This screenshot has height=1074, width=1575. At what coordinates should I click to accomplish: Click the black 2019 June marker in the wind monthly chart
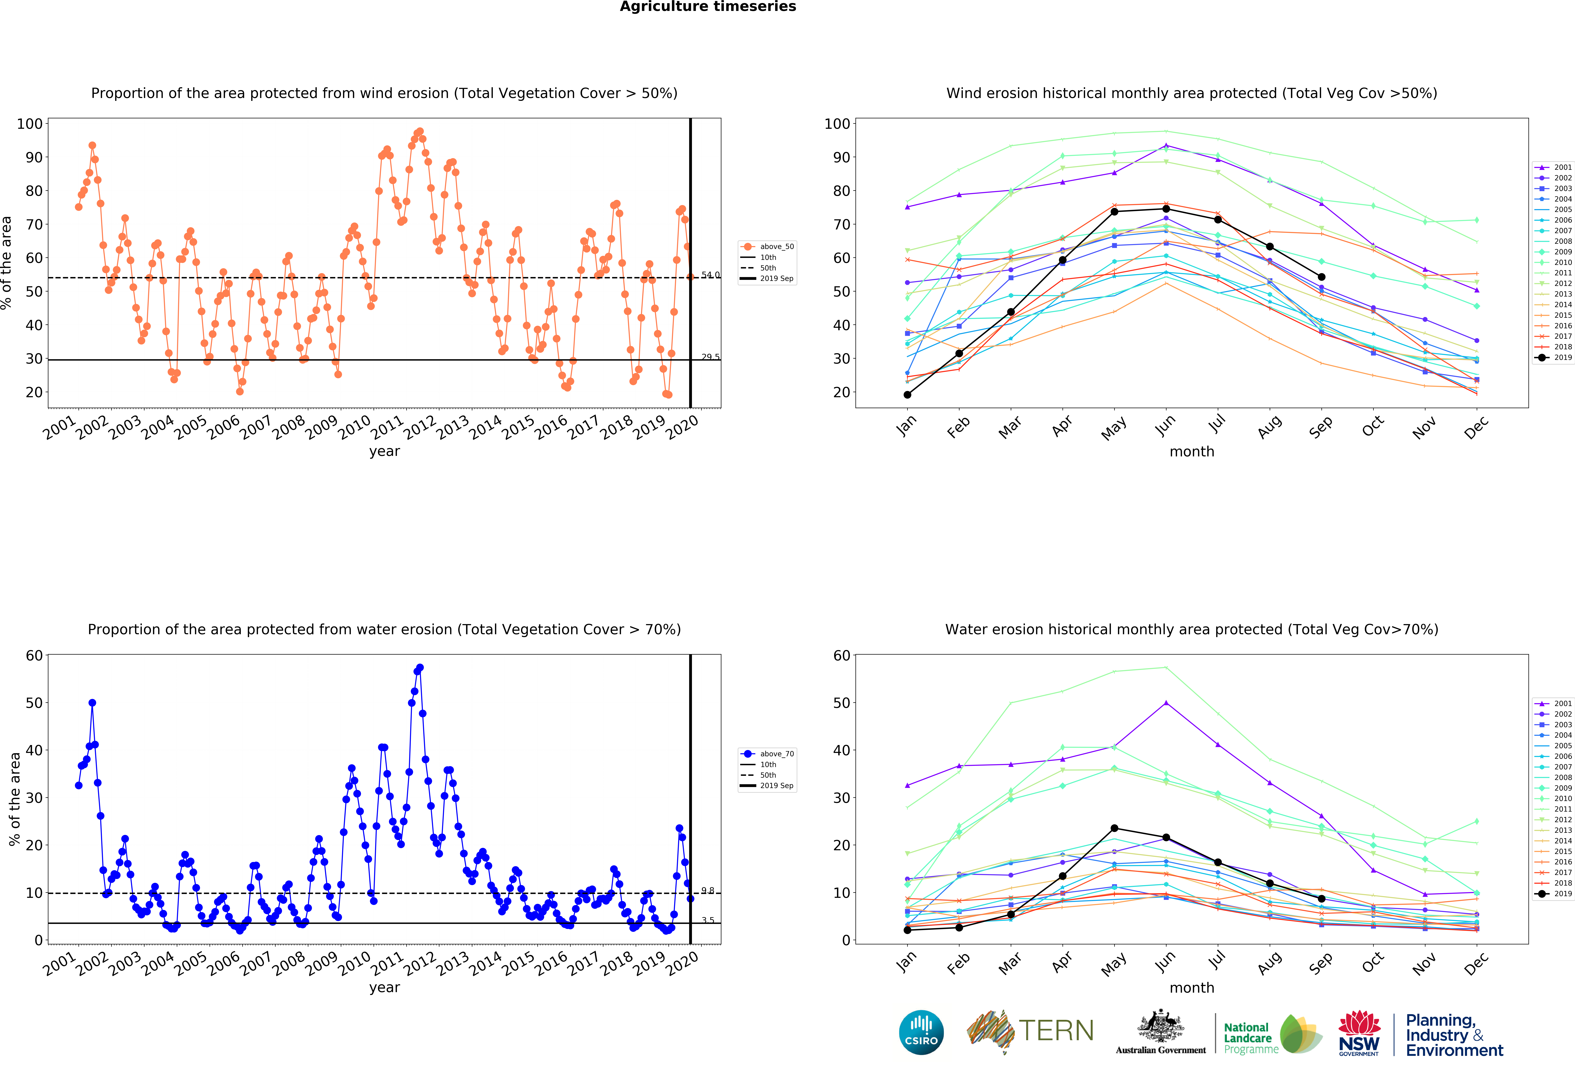(x=1166, y=209)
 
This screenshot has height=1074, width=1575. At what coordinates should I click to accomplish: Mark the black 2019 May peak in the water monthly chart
(x=1114, y=828)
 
